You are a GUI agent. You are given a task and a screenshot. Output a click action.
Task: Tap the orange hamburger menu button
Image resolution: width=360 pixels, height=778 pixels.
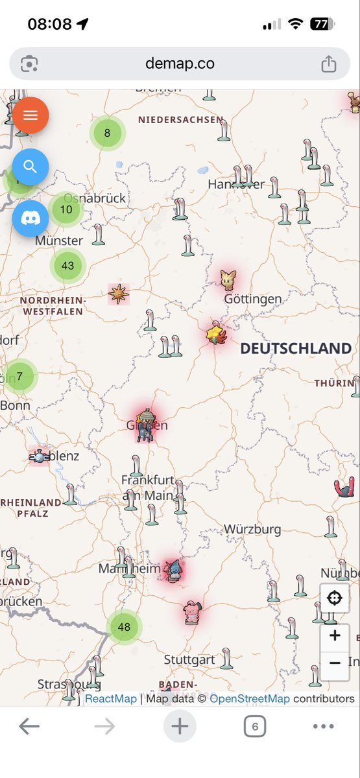point(30,115)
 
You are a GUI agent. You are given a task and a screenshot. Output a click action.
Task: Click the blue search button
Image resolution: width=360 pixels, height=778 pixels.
point(30,167)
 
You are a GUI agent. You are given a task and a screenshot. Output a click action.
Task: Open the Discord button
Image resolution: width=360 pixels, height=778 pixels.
point(30,218)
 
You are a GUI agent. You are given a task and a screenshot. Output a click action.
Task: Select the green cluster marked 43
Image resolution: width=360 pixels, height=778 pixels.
point(68,265)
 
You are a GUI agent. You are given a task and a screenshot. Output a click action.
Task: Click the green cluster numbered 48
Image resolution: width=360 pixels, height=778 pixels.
point(124,627)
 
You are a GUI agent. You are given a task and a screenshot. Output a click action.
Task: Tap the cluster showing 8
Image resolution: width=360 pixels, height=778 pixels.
point(107,134)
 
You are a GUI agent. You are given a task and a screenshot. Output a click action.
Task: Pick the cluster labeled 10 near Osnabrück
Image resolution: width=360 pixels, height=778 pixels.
point(66,209)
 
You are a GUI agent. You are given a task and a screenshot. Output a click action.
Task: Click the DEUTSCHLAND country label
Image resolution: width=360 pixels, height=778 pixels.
point(295,349)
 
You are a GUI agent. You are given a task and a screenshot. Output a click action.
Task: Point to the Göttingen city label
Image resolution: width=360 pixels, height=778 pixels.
point(253,299)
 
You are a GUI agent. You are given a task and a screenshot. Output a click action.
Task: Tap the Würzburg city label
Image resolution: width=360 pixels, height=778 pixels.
point(253,529)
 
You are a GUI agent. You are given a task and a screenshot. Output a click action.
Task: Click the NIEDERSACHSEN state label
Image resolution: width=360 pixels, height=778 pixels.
point(180,120)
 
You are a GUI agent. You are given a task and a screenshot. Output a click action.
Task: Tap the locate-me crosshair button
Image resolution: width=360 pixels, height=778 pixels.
point(335,598)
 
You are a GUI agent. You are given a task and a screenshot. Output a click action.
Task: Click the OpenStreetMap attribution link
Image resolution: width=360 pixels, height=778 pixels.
point(250,698)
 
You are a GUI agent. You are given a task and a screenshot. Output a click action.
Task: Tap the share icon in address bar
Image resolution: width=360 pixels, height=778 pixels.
point(329,64)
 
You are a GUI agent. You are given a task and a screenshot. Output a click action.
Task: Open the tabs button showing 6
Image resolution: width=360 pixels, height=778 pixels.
point(255,727)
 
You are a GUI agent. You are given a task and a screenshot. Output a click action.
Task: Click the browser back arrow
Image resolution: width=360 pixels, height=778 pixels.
point(29,727)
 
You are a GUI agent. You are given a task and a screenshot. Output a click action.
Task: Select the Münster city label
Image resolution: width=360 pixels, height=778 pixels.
point(59,241)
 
